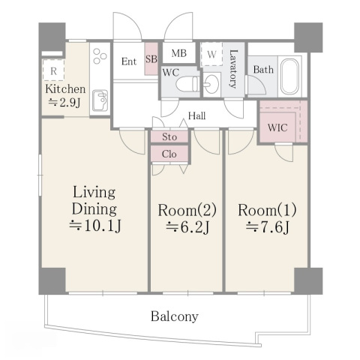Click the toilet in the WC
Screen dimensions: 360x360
coord(187,84)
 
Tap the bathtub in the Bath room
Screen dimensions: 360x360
coord(289,76)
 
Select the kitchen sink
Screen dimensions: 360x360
coord(100,100)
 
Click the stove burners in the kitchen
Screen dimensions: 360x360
coord(100,56)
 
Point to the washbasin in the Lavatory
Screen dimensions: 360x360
coord(211,84)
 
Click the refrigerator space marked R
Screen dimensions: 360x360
coord(53,70)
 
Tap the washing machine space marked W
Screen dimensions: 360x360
coord(211,54)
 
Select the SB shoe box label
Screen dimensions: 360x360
coord(151,59)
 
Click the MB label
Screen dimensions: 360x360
coord(179,53)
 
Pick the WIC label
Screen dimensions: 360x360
coord(277,127)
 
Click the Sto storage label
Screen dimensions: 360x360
coord(169,136)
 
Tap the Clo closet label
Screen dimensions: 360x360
coord(169,154)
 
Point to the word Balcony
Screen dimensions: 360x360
coord(175,316)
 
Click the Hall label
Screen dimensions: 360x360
coord(196,115)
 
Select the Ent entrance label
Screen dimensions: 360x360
coord(129,61)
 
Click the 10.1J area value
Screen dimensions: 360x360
coord(95,226)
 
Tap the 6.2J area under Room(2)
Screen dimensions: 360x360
coord(187,227)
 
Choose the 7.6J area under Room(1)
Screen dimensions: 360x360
coord(268,227)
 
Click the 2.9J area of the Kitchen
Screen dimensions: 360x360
coord(64,102)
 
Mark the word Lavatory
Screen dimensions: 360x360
coord(233,69)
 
